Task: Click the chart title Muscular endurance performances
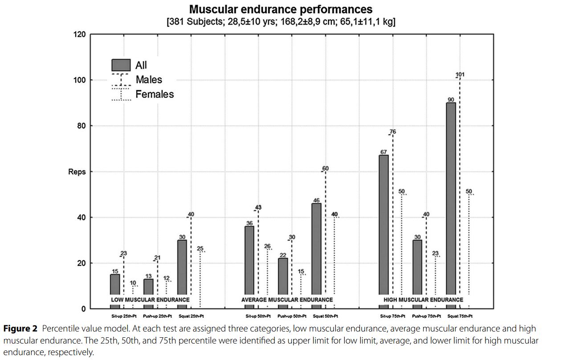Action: (x=281, y=9)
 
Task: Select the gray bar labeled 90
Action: (x=451, y=200)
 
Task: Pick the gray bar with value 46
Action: (x=316, y=250)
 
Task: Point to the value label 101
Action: (x=460, y=74)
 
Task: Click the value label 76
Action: (x=392, y=131)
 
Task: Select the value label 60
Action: (x=325, y=168)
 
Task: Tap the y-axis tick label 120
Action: (x=79, y=34)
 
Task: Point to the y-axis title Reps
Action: (x=77, y=172)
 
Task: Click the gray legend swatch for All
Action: (x=121, y=65)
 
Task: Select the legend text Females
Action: (x=155, y=94)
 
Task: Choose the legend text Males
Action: (x=149, y=80)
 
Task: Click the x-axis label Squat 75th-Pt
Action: (x=460, y=316)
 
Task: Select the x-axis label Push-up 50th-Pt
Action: (x=292, y=316)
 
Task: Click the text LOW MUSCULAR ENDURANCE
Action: (x=150, y=300)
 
